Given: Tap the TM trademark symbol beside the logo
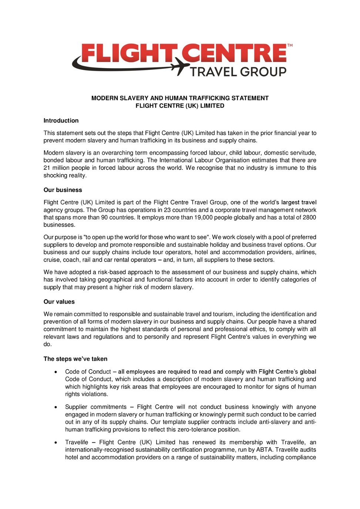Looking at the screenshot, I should pyautogui.click(x=290, y=45).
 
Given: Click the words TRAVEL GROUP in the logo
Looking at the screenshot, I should pyautogui.click(x=238, y=72).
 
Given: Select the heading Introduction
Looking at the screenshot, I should pyautogui.click(x=61, y=121).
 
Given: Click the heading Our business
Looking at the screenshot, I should pyautogui.click(x=63, y=190).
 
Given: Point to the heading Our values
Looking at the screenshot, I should pyautogui.click(x=59, y=301).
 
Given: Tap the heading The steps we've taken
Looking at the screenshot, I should pyautogui.click(x=75, y=359).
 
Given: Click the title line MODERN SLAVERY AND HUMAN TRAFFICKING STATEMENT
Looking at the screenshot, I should pyautogui.click(x=180, y=98).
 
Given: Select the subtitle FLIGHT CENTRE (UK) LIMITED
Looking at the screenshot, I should pyautogui.click(x=180, y=106).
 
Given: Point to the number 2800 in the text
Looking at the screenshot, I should pyautogui.click(x=309, y=218).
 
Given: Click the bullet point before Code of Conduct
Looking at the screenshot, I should pyautogui.click(x=56, y=372).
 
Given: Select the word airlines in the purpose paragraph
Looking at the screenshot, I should pyautogui.click(x=305, y=252).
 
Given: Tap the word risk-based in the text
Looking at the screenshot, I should pyautogui.click(x=110, y=272).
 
